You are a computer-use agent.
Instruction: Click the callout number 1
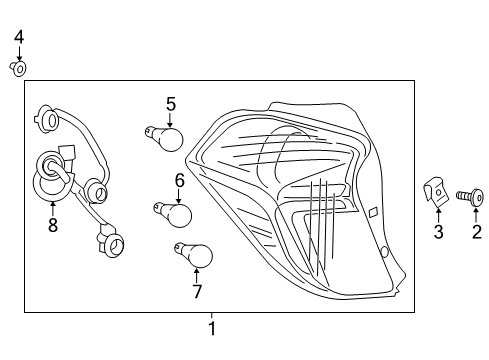click(x=211, y=328)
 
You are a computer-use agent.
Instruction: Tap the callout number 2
click(x=476, y=232)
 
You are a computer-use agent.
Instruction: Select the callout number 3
click(x=437, y=233)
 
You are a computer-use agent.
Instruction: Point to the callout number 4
click(x=18, y=38)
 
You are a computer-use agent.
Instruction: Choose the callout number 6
click(x=180, y=180)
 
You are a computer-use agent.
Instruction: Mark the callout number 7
click(x=197, y=292)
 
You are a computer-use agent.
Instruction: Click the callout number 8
click(x=52, y=226)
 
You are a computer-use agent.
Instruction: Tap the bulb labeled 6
click(x=177, y=213)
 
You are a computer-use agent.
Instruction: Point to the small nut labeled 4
click(x=18, y=68)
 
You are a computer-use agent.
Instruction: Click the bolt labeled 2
click(x=470, y=196)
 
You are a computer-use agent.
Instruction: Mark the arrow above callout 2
click(x=476, y=214)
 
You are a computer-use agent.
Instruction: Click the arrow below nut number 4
click(x=18, y=54)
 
